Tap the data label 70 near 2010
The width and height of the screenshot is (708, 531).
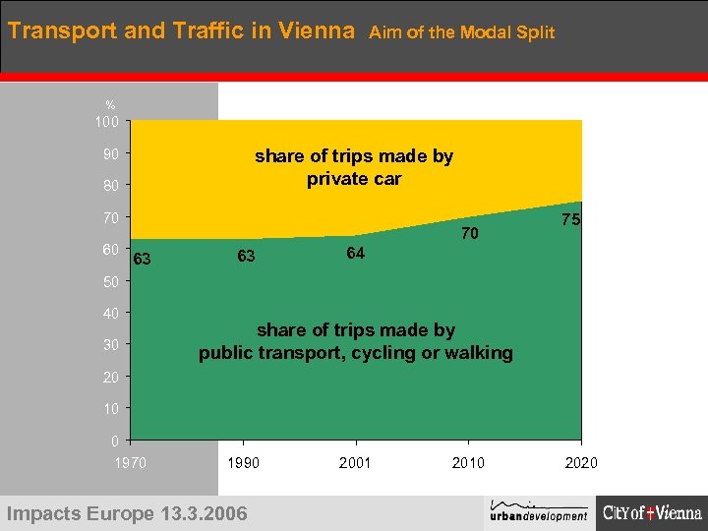coord(470,234)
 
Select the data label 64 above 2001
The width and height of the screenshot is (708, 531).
coord(355,254)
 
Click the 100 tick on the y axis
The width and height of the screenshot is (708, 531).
coord(107,123)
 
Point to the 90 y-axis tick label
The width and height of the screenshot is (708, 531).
coord(110,154)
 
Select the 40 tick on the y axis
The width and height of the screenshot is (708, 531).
coord(110,314)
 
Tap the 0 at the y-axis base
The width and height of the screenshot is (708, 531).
coord(114,440)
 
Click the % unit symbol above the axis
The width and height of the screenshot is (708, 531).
coord(110,105)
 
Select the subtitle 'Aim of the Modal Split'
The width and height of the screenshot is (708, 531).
coord(461,32)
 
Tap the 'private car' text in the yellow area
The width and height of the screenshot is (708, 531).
coord(354,179)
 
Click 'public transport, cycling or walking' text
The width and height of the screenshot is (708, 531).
coord(356,353)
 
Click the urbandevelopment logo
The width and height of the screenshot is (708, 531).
coord(539,509)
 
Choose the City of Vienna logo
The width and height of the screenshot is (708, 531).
coord(652,512)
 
